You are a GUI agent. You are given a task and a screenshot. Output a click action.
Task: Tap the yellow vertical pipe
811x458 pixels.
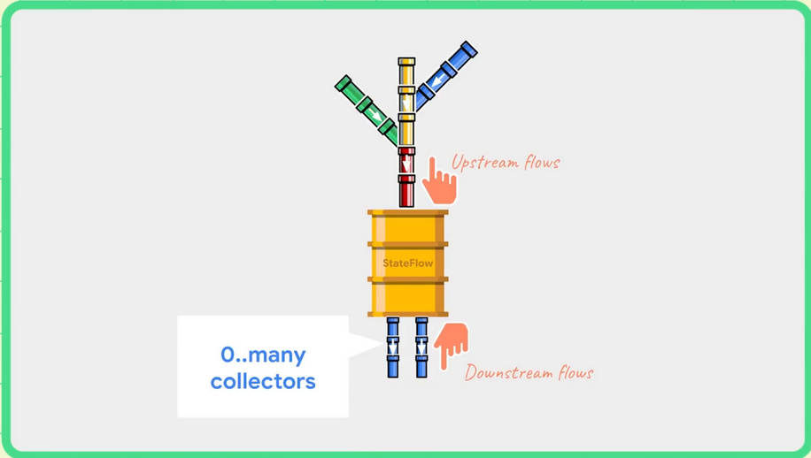tap(406, 102)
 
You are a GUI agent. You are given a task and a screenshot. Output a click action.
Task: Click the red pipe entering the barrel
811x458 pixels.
tap(406, 178)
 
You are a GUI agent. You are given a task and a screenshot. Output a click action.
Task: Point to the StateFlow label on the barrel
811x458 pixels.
tap(408, 263)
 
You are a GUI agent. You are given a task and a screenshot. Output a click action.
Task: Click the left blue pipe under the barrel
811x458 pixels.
tap(393, 347)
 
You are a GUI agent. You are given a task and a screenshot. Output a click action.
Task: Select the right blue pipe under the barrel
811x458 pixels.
tap(421, 347)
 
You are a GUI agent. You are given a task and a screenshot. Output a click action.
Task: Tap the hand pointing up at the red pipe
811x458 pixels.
tap(439, 181)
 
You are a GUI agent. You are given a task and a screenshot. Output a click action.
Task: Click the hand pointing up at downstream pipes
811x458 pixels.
tap(452, 344)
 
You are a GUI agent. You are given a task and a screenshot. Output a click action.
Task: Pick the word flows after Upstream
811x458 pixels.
tap(541, 163)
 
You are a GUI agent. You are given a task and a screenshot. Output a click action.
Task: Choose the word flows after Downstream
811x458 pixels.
tap(574, 372)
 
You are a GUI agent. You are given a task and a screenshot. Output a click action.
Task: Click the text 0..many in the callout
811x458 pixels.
tap(263, 355)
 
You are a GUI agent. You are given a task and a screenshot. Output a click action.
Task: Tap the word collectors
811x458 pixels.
tap(263, 382)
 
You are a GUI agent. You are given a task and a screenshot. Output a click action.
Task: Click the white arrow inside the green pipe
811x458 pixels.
tap(376, 117)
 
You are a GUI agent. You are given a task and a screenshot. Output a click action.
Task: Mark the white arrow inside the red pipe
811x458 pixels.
tap(406, 164)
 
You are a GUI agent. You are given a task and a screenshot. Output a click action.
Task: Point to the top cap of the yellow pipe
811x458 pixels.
tap(406, 62)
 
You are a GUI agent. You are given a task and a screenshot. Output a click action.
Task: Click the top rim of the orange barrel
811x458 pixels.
tap(408, 212)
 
